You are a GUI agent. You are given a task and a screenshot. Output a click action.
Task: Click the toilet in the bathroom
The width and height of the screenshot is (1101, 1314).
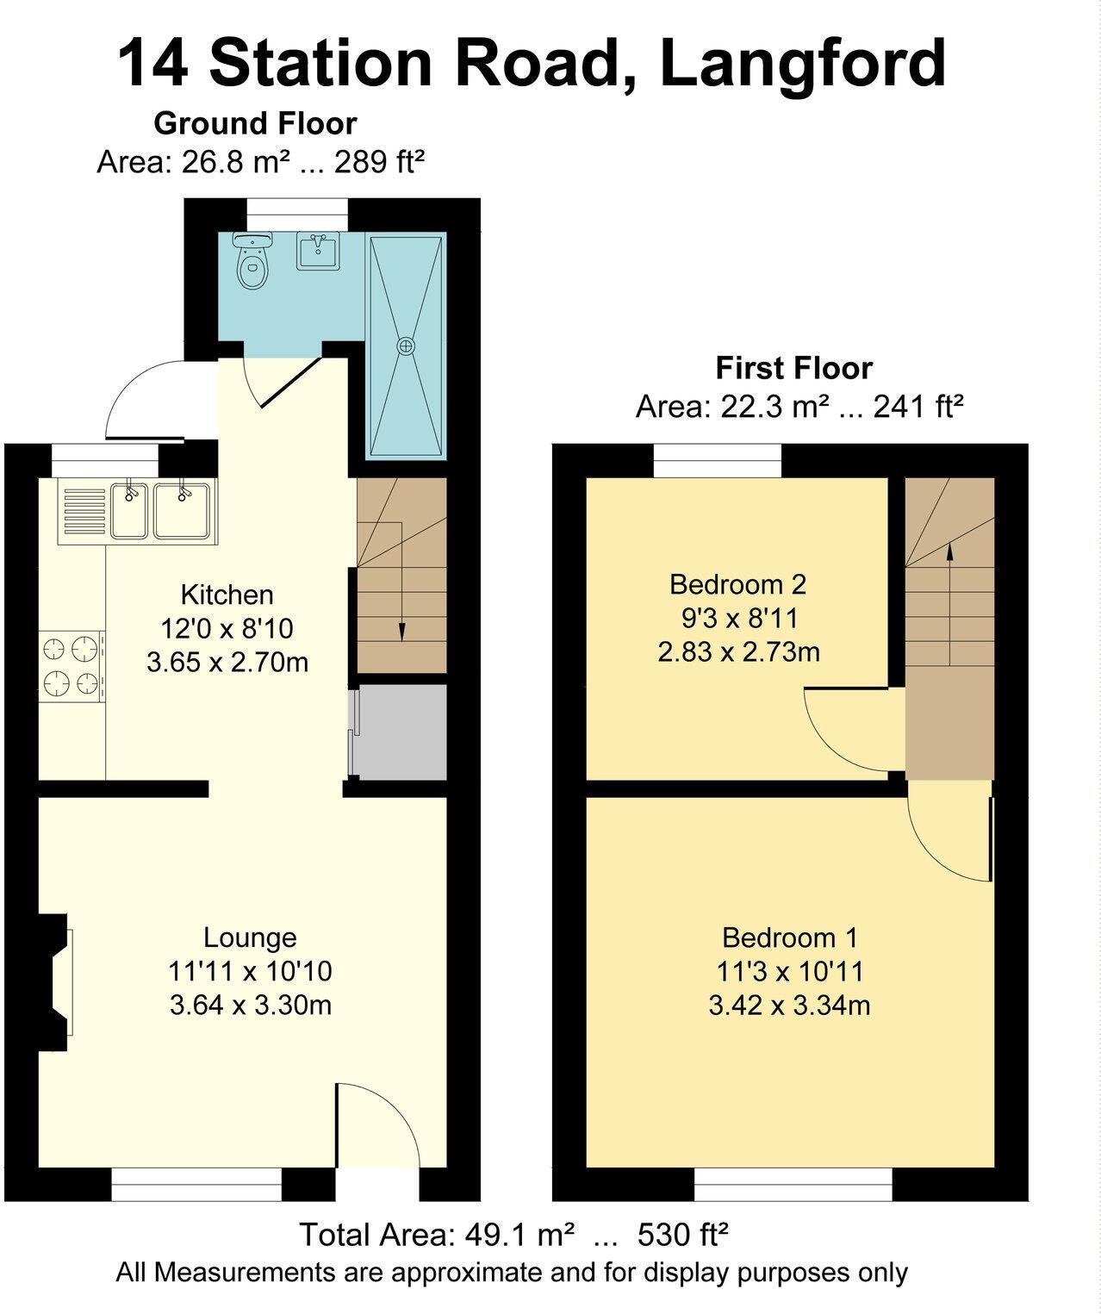[252, 264]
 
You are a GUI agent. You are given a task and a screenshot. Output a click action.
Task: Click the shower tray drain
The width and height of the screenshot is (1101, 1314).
[405, 346]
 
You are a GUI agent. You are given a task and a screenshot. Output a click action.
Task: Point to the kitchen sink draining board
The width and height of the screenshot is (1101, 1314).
[84, 511]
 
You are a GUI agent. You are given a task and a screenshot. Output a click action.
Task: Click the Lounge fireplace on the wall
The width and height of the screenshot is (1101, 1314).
[57, 982]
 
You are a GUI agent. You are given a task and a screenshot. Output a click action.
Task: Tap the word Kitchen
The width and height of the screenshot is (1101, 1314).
[227, 595]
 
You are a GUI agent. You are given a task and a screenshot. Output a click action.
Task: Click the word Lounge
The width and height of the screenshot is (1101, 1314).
[250, 937]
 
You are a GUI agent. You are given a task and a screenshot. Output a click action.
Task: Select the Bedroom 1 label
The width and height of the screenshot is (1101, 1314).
[789, 937]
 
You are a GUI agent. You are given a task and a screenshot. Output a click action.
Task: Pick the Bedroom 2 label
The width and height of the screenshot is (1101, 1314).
[737, 584]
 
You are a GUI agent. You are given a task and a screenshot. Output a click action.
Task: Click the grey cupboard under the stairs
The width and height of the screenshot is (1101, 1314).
[401, 732]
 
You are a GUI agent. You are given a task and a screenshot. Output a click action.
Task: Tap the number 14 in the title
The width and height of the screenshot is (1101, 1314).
[152, 64]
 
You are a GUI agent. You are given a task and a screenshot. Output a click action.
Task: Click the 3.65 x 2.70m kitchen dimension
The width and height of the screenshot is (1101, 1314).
[227, 663]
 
